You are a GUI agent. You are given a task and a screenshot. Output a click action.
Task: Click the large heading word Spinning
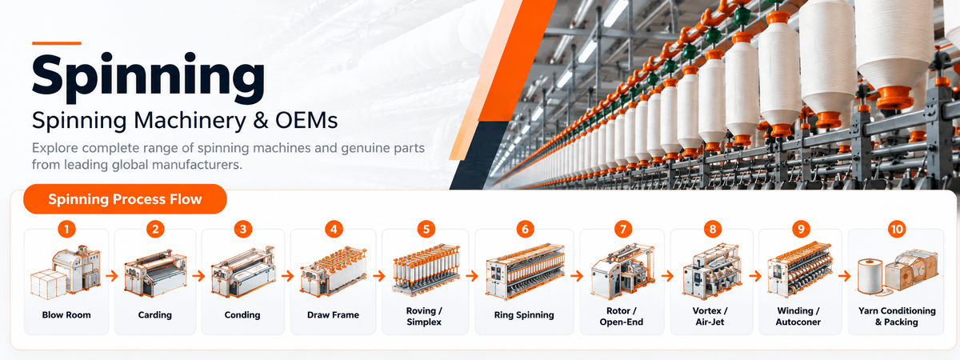[148, 77]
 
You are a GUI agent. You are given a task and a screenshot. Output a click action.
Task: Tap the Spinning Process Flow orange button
[125, 199]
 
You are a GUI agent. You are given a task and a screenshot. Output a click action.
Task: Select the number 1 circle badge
[66, 230]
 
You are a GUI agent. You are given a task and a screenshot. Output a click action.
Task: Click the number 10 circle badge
[897, 230]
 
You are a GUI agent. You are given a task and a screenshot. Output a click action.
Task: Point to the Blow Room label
[66, 315]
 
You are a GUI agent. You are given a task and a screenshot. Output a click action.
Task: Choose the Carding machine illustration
[155, 274]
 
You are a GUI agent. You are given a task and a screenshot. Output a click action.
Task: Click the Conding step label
[242, 315]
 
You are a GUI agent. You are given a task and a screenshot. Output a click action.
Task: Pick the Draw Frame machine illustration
[334, 272]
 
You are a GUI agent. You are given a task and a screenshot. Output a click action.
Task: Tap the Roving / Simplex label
[424, 316]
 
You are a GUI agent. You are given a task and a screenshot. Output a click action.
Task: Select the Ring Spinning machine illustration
[525, 272]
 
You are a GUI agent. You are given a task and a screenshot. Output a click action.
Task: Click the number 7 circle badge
[623, 230]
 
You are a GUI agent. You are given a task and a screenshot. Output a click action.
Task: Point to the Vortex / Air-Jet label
[710, 316]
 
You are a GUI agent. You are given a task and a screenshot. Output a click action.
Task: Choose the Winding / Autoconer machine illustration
[800, 270]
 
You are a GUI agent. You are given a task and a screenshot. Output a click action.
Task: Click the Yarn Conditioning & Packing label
[897, 316]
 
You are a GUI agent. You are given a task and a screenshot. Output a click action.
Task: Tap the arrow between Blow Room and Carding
[112, 275]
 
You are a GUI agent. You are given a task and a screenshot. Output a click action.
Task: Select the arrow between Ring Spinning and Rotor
[577, 275]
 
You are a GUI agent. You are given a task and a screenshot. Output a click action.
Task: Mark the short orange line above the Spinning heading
[57, 43]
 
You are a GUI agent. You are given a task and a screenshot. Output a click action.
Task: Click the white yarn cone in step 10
[870, 277]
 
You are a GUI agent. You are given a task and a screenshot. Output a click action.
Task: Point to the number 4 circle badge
[334, 230]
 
